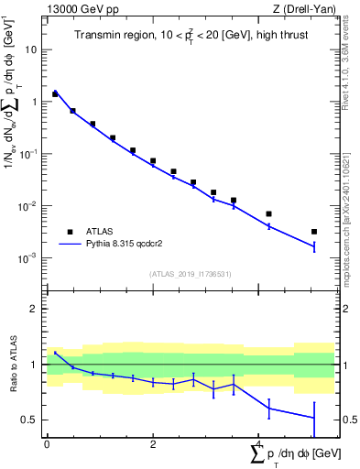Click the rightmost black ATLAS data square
(x=314, y=232)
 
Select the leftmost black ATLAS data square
(x=55, y=93)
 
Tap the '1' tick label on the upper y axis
(x=34, y=102)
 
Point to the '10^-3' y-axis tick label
(x=28, y=258)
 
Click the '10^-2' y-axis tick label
(x=28, y=206)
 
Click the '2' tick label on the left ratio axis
(x=34, y=309)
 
